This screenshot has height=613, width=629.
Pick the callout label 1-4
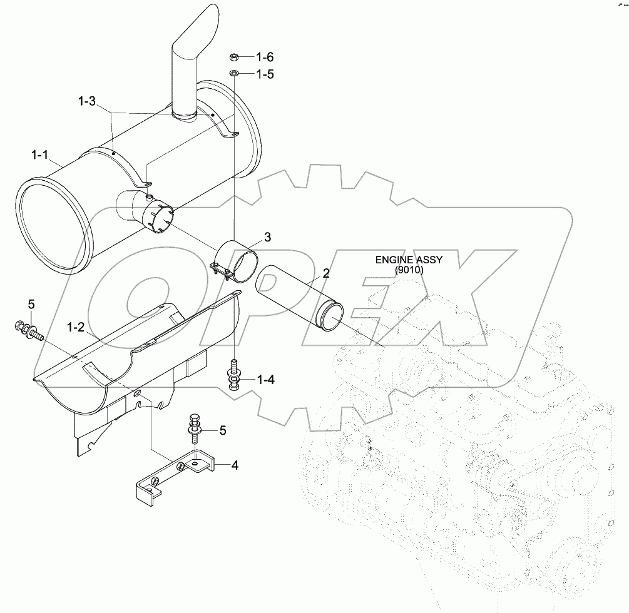tap(265, 380)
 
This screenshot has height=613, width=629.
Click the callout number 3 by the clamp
tap(267, 236)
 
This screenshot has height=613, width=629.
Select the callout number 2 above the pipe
tap(344, 273)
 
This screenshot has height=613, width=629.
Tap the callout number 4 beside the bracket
tap(234, 465)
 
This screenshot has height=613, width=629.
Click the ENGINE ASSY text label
tap(408, 260)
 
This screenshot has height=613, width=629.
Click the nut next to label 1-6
tap(233, 58)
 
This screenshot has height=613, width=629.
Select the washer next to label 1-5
tap(233, 74)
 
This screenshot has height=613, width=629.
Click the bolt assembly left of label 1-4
tap(233, 375)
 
